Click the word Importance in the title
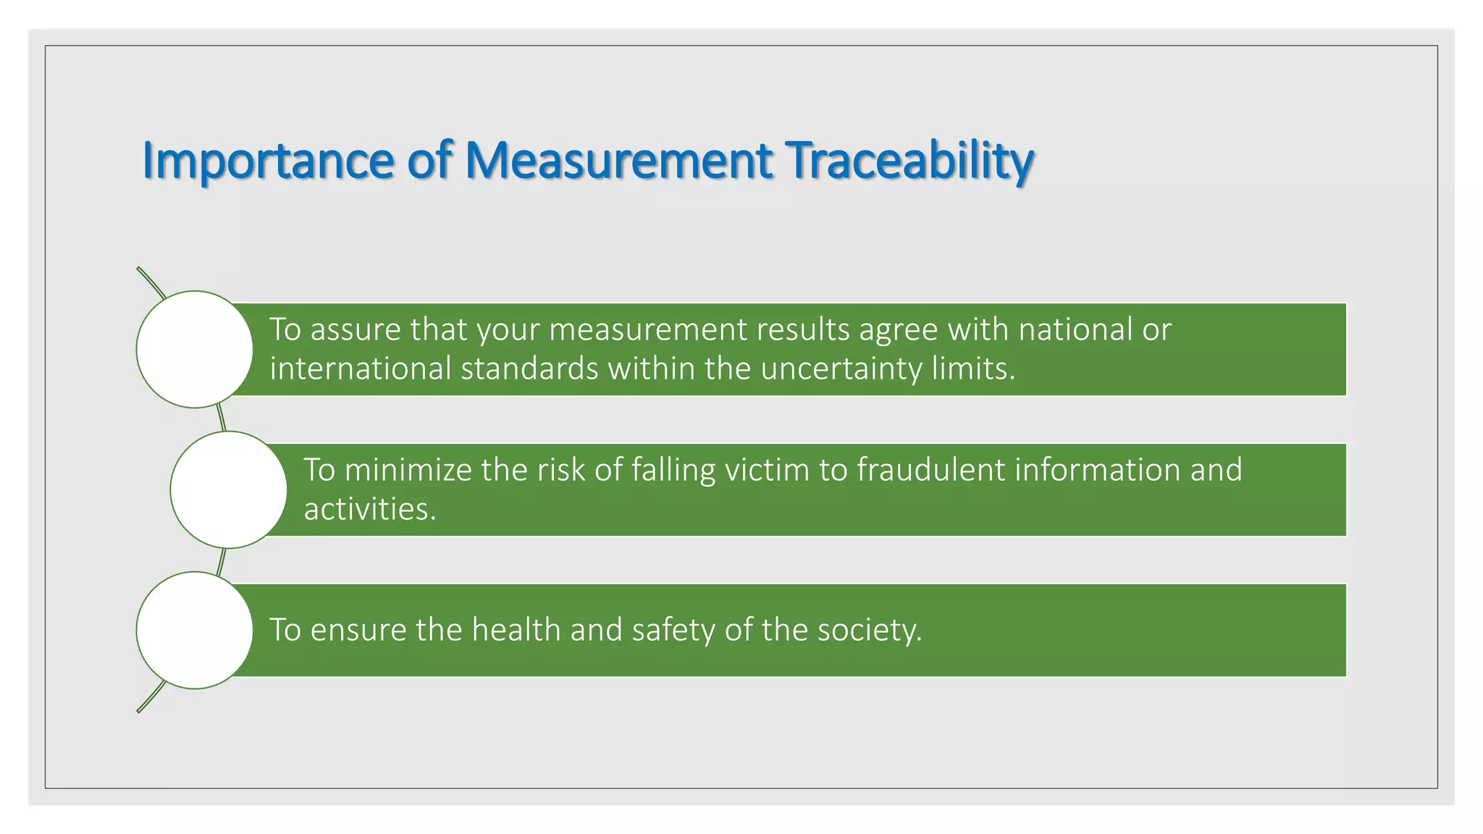coord(267,161)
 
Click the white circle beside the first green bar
coord(195,350)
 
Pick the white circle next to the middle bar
coord(229,490)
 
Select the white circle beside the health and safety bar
coord(195,630)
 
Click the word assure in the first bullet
coord(356,330)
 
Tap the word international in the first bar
coord(361,369)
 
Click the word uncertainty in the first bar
coord(841,369)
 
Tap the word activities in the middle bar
coord(369,510)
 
